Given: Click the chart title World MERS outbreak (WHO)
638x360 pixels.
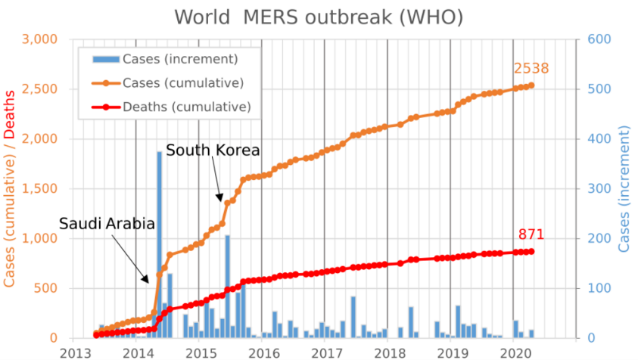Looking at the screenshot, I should coord(319,17).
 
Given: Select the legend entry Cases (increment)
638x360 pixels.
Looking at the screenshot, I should coord(180,59).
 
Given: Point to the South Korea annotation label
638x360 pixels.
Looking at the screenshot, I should coord(213,151).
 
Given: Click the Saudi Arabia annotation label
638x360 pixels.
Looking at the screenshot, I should coord(107,224).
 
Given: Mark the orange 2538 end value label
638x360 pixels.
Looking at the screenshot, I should coord(531,69).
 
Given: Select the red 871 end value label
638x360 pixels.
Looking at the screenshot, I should coord(531,234).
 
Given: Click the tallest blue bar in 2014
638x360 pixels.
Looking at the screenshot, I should coord(160,242).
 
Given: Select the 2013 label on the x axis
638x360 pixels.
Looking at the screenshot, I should coord(73,352).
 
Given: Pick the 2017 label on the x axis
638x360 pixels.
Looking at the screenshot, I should coord(325,352).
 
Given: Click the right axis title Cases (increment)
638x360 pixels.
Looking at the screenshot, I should coord(625,189).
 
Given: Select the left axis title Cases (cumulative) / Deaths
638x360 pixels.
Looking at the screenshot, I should coord(11,189).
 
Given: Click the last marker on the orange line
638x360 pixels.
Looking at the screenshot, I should coord(531,85).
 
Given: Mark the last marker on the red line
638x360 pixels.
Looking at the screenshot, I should coord(531,251).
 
